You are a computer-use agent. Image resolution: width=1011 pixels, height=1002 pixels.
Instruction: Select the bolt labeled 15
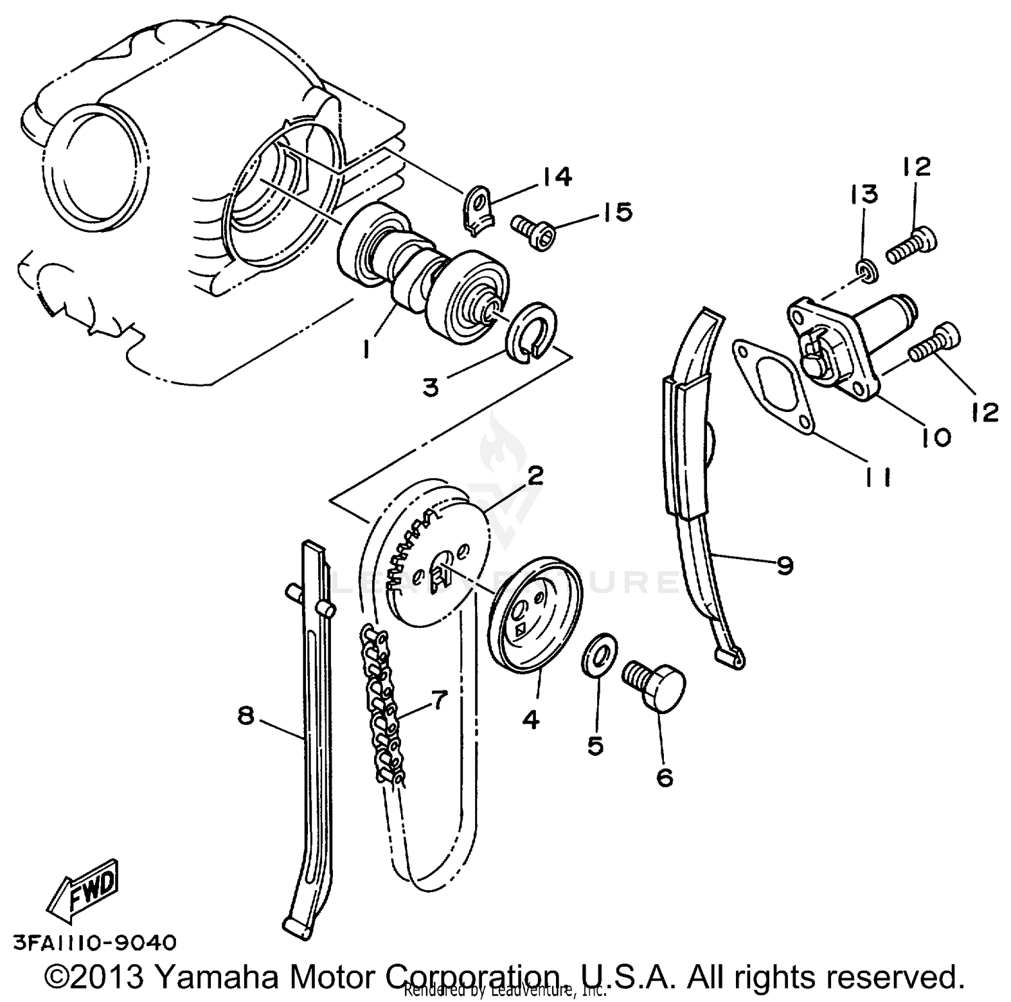pyautogui.click(x=533, y=231)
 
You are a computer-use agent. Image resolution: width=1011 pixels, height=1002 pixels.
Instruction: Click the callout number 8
pyautogui.click(x=245, y=715)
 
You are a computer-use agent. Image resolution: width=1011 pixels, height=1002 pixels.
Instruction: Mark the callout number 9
pyautogui.click(x=785, y=565)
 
